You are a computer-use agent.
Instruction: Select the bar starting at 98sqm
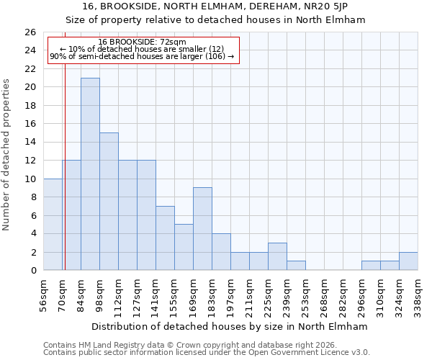pos(109,202)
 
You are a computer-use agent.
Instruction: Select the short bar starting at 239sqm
pos(296,266)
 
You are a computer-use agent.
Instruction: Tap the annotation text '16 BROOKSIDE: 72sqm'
pos(142,42)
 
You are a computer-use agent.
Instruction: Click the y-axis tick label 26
pos(30,32)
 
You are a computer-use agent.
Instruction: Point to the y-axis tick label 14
pos(30,143)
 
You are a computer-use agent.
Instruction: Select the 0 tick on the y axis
pos(33,271)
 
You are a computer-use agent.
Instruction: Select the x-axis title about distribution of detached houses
pos(230,326)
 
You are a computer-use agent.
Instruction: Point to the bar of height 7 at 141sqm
pos(165,238)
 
